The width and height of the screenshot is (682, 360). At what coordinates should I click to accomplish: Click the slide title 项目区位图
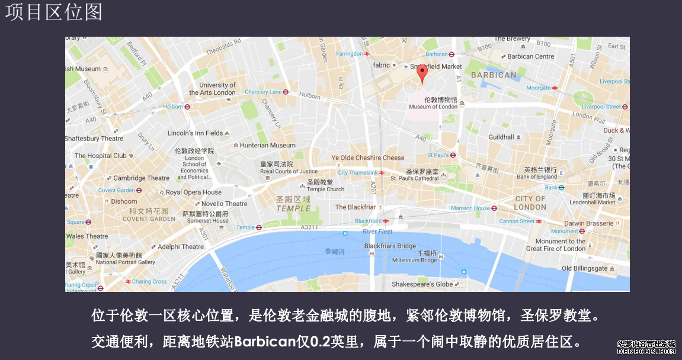click(54, 12)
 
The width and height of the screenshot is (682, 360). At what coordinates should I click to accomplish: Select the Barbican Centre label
click(531, 56)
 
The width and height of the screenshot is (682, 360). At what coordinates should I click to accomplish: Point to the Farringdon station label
click(350, 54)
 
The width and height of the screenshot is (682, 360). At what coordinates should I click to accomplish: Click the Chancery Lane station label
click(264, 92)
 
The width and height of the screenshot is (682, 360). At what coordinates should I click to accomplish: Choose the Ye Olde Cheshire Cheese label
click(367, 157)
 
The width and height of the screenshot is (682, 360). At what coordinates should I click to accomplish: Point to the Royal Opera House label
click(193, 192)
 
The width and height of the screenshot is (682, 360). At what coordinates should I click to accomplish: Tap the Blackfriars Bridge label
click(390, 246)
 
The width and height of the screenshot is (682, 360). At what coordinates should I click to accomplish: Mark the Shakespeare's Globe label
click(422, 284)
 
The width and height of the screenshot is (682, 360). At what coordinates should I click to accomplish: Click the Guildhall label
click(501, 137)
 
